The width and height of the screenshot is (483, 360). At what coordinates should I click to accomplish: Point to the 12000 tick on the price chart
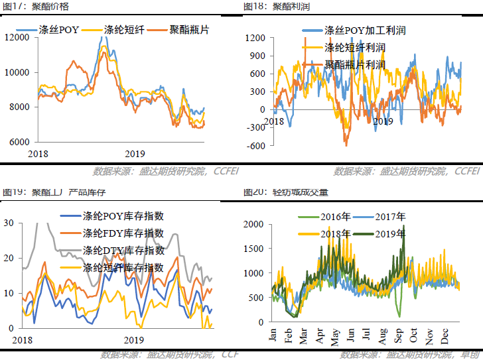pos(17,37)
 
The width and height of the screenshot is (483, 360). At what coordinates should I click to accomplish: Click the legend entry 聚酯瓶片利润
pos(355,65)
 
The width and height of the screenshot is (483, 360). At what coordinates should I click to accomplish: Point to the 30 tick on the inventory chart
pos(9,223)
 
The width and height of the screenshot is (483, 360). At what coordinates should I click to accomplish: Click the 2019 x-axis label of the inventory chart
pos(134,339)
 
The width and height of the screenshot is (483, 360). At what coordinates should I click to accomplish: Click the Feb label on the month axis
pos(289,335)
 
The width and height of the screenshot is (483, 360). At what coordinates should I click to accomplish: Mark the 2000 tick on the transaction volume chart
pos(254,225)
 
